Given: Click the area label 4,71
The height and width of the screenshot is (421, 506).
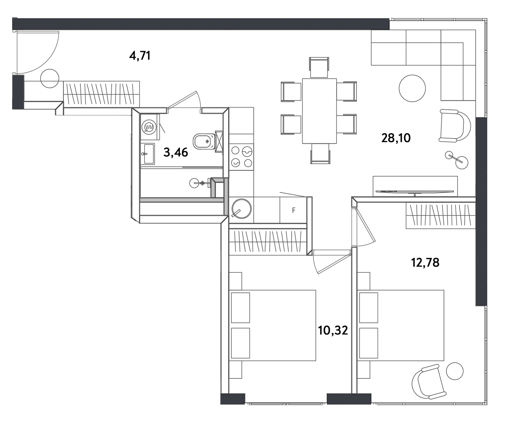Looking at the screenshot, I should pos(140,56).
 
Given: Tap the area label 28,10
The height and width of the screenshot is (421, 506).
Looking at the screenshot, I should pos(396,138).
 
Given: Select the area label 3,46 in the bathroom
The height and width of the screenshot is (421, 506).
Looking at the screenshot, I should pos(176,152).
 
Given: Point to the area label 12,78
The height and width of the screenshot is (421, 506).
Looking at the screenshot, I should pos(425,263).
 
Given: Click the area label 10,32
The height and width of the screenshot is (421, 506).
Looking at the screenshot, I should pos(333,330).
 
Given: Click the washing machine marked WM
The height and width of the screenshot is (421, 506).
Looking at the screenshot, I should pos(149,127).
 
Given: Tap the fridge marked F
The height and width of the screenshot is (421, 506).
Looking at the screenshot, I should pos(293,210).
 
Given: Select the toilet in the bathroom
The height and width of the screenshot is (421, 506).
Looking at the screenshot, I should pos(204,141).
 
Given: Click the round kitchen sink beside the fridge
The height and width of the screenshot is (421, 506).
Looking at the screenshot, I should pos(242,209).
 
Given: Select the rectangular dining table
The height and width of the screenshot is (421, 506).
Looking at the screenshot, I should pos(319,111).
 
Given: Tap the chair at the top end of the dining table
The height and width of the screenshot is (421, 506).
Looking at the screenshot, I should pos(319,67).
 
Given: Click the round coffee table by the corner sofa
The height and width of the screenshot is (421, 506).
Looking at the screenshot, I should pos(412,88).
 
